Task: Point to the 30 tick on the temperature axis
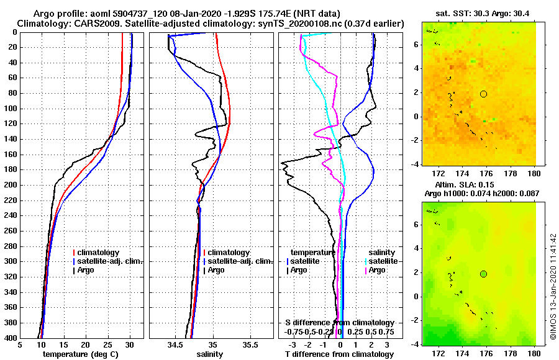[130, 345]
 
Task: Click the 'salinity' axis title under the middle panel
[210, 354]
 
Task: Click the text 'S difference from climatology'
[340, 323]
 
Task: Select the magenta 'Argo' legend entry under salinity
[377, 270]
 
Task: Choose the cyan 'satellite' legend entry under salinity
[379, 261]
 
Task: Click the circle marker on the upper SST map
[483, 94]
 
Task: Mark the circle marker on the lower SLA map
[483, 274]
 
